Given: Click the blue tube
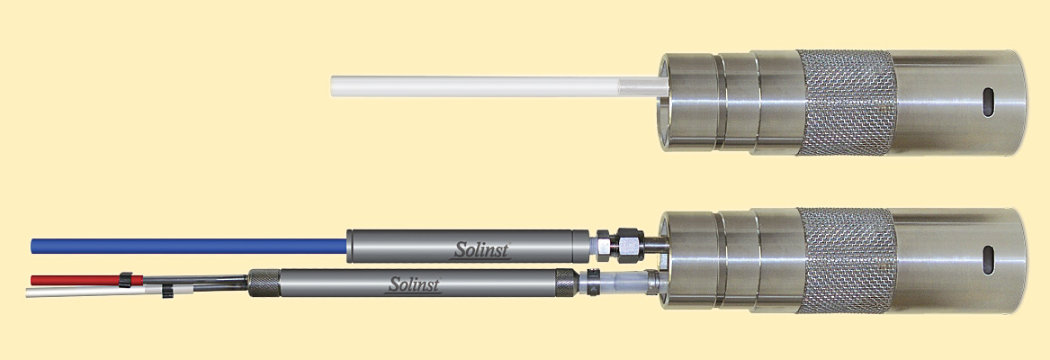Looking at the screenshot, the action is click(189, 246).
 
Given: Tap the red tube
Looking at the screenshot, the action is click(87, 280).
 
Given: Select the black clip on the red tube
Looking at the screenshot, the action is click(125, 280).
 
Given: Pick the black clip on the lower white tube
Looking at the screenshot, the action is click(167, 291).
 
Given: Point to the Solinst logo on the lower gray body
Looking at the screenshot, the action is click(415, 285).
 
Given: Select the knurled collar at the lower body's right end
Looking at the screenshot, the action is click(565, 283).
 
